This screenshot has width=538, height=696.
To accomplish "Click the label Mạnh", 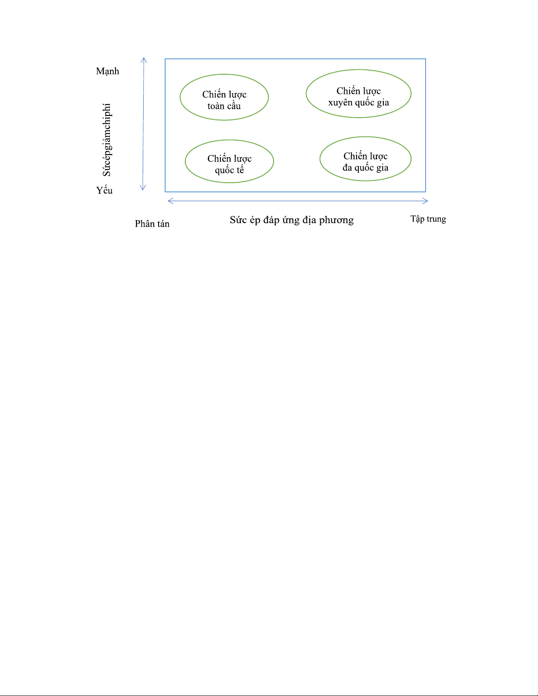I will pos(108,71).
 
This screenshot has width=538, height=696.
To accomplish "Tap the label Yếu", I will pos(105,190).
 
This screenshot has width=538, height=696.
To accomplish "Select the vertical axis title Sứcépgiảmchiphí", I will pos(107,140).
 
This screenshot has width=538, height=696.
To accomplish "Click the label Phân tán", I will pos(152,224).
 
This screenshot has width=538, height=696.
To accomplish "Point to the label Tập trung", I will pos(428,219).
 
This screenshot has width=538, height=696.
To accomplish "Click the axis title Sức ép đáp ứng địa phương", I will pos(292,220).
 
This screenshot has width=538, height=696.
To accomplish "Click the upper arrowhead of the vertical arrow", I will pos(144,60).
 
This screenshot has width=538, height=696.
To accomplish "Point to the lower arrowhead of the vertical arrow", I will pos(143,188).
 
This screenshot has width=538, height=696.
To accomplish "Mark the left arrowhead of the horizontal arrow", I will pos(170,201).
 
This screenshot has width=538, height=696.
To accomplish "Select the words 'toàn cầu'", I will pos(224,106).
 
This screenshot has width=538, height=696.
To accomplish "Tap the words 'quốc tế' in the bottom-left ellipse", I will pos(229,170).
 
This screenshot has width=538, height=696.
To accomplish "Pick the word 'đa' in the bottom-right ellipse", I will pos(348,168).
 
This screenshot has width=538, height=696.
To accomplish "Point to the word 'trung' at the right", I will pos(436,219).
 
